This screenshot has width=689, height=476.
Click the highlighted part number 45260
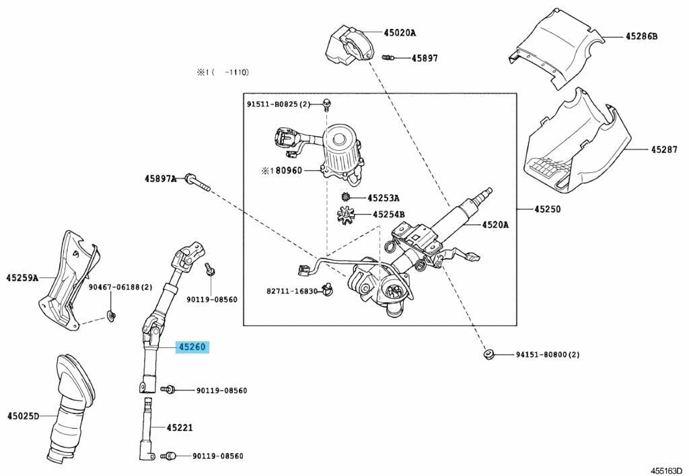(192, 347)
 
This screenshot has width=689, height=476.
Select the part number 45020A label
(400, 32)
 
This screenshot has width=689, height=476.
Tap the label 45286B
(641, 36)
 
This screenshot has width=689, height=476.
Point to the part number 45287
(663, 149)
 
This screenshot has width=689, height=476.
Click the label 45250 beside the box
(547, 209)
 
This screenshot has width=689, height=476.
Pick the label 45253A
(383, 198)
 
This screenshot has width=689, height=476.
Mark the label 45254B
(388, 215)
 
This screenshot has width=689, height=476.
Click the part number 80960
(285, 171)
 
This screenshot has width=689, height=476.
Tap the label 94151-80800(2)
(548, 354)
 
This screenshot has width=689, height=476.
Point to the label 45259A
(22, 277)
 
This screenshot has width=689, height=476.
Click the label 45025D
(23, 415)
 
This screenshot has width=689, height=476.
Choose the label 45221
(180, 428)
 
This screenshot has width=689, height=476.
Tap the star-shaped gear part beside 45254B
(345, 216)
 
